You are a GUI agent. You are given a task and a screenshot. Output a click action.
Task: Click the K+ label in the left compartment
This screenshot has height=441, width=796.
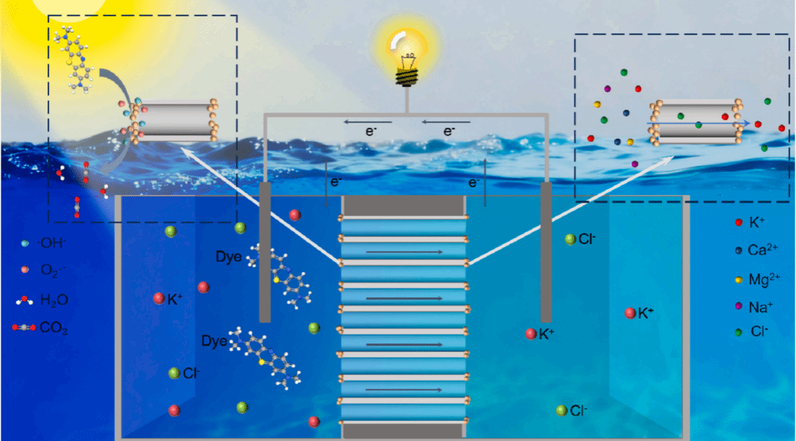(175, 299)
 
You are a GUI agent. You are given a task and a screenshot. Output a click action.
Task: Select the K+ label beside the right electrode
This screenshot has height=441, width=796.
(546, 334)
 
